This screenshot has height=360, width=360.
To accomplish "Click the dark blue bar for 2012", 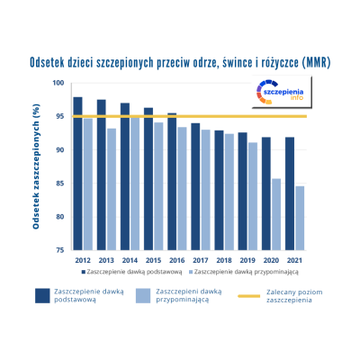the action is [78, 174].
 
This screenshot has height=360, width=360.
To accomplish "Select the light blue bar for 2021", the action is [300, 218].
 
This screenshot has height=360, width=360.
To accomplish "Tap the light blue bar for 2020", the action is [276, 214].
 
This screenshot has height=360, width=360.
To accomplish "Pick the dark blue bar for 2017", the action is [195, 186].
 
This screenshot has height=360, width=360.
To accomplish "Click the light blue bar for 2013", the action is [112, 189].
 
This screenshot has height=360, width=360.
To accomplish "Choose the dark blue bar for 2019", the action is [243, 191].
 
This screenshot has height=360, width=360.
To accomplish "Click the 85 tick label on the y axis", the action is [60, 183].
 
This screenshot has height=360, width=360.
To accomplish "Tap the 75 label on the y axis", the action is [60, 250].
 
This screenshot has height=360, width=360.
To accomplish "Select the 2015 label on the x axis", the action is [153, 260].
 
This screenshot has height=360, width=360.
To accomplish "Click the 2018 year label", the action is [224, 260].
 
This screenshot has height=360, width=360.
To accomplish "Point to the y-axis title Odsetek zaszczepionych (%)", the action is [36, 166].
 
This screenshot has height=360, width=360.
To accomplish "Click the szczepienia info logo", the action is [282, 92].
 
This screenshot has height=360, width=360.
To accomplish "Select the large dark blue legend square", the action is [42, 296].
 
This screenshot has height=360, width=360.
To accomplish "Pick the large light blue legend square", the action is [143, 296].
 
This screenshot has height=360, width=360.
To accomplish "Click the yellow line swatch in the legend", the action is [249, 296].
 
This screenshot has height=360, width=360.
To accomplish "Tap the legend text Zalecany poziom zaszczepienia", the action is [294, 296].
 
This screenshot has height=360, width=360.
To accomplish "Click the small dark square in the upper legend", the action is [84, 272].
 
